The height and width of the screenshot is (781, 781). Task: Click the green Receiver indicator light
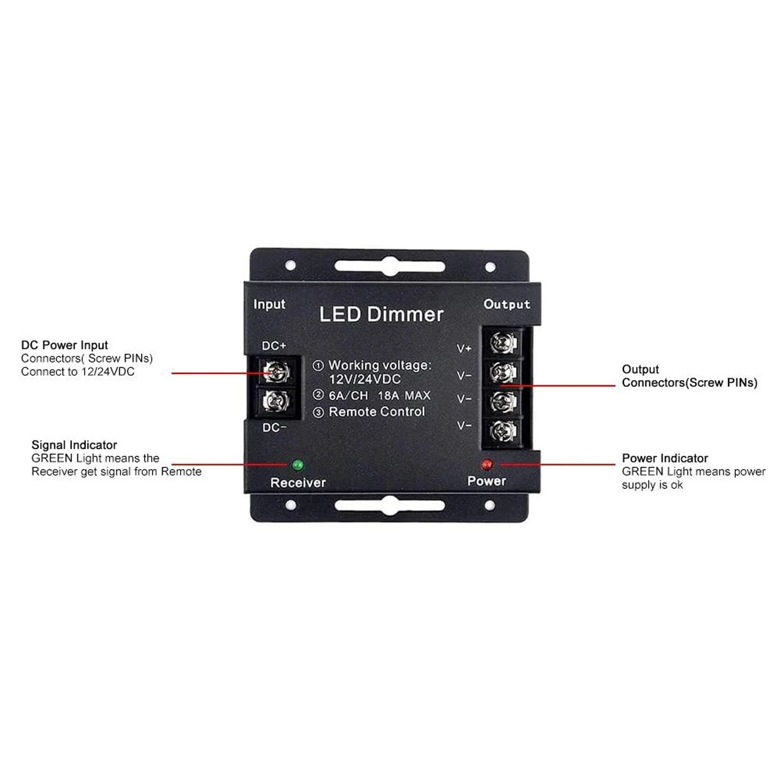click(298, 464)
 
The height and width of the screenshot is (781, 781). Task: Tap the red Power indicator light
click(486, 464)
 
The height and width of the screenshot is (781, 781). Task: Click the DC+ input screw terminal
click(276, 371)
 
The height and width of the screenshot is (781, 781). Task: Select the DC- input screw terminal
click(276, 401)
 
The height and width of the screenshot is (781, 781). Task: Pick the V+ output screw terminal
click(504, 343)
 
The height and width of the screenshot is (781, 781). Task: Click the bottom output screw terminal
click(504, 431)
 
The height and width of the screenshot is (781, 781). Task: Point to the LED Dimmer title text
click(381, 314)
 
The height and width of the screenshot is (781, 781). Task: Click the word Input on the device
click(269, 304)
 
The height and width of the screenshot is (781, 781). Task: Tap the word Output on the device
click(506, 304)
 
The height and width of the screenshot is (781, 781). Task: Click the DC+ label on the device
click(274, 346)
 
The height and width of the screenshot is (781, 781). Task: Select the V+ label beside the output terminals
click(464, 348)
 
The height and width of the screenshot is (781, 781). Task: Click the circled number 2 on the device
click(319, 395)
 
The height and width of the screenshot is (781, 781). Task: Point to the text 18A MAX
click(404, 395)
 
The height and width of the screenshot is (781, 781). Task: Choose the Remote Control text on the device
click(377, 412)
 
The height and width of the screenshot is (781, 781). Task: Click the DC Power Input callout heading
click(65, 345)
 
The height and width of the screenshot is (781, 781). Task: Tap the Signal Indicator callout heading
click(74, 445)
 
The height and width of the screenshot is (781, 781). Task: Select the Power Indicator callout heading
click(665, 458)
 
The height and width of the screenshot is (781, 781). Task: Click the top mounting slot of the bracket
click(390, 266)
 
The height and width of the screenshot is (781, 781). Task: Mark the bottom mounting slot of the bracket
click(390, 505)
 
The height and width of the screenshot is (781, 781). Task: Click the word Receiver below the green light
click(298, 483)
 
